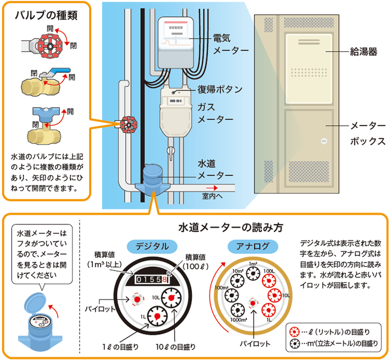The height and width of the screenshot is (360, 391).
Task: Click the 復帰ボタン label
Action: [220, 89]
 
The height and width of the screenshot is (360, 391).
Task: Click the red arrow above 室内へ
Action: [211, 187]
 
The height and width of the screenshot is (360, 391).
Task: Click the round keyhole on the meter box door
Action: [323, 141]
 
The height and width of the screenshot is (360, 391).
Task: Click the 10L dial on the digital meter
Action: [172, 298]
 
